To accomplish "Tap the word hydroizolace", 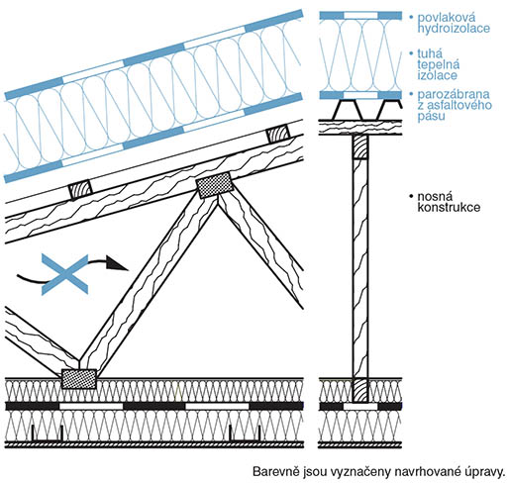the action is pos(454,28).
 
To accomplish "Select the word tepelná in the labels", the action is pos(439,64).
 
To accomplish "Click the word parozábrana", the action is pos(454,95).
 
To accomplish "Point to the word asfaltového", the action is pos(459,105).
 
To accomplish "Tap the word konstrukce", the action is pos(449,207).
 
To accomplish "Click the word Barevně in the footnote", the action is pos(275,471).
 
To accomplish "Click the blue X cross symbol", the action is pos(65,274).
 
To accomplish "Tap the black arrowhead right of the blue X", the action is pos(117,263).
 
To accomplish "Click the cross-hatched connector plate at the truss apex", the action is pos(215,185).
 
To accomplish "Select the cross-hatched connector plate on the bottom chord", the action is pos(79,378).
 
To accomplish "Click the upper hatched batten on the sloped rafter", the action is pos(278,135).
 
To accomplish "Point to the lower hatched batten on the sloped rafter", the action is pos(80,189).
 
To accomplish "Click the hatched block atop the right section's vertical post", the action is pos(360,146).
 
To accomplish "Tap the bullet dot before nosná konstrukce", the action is pos(411,196).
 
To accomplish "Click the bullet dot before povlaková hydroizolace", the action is pos(411,17).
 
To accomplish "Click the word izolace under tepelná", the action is pos(438,75).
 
